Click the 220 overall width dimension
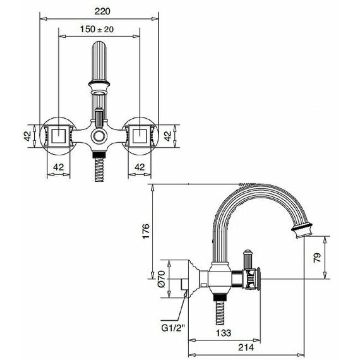pos(102,11)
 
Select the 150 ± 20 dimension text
pos(97,29)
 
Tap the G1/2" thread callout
pos(173,328)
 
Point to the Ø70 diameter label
pos(162,279)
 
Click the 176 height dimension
pos(146,231)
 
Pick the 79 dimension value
pos(317,258)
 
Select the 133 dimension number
pos(224,333)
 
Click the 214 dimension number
pos(246,347)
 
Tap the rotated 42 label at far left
pos(27,136)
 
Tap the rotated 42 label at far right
pos(168,136)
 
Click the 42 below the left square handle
pos(58,167)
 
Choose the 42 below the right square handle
pos(140,167)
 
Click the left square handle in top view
pos(59,136)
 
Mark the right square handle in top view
pos(140,136)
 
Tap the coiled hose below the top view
pos(99,170)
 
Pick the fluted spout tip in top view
pos(99,62)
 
